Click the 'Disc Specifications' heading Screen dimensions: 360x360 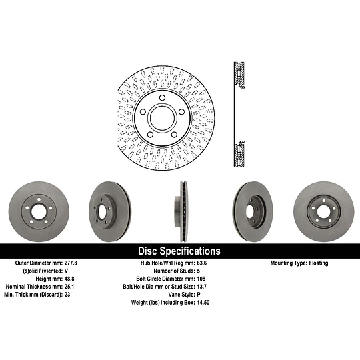click(179, 251)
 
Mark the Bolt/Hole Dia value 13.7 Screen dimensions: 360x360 click(204, 287)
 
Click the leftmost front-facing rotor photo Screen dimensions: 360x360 click(36, 211)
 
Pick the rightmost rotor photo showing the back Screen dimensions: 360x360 click(324, 211)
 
